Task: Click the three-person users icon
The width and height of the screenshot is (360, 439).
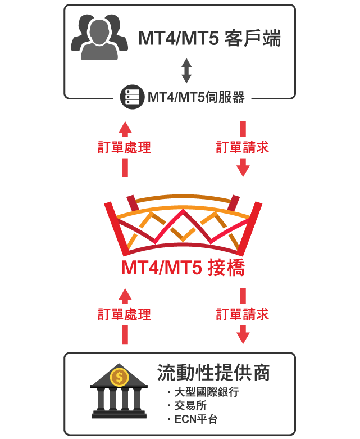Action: [x=99, y=37]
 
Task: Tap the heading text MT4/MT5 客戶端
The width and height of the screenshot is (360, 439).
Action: [x=209, y=38]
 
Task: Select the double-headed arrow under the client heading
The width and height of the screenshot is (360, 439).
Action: [x=186, y=71]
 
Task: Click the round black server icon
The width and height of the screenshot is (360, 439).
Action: [x=133, y=97]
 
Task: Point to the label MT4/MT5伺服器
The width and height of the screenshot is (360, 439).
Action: [x=196, y=97]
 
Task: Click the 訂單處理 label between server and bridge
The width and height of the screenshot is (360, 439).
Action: [x=124, y=147]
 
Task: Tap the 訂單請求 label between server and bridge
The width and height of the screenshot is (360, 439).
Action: [x=242, y=147]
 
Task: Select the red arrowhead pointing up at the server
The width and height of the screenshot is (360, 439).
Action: [x=125, y=129]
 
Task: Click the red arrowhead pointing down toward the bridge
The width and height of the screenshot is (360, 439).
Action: [x=243, y=168]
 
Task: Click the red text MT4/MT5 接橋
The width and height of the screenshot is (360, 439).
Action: [x=183, y=268]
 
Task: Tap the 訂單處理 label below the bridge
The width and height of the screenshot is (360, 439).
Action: [x=124, y=314]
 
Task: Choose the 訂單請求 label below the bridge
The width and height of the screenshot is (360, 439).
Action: [x=242, y=314]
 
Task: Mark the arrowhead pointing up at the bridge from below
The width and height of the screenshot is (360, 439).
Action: [x=125, y=296]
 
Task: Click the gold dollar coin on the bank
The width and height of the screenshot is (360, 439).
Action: [x=120, y=377]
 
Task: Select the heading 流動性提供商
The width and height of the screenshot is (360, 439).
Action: [x=214, y=373]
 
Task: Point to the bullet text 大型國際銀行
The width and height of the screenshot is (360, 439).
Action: [x=207, y=392]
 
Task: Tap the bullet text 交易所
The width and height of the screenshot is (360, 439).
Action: [x=190, y=405]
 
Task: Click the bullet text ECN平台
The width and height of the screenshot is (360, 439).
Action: [x=196, y=419]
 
